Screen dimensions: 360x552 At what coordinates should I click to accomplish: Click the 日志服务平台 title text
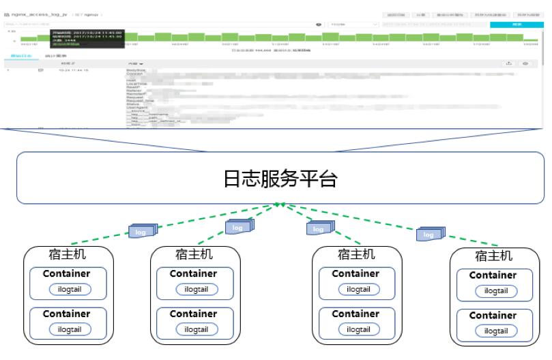tap(280, 179)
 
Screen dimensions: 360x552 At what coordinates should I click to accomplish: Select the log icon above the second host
tap(238, 226)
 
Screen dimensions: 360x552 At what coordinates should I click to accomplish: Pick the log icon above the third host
tap(318, 228)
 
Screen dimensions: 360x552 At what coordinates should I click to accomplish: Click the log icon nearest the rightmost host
tap(430, 234)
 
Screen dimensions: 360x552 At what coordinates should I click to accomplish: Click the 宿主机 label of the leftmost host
tap(66, 254)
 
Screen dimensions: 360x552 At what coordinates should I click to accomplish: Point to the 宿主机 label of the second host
tap(194, 254)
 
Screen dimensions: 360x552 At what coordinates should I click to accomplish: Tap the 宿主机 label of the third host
tap(355, 254)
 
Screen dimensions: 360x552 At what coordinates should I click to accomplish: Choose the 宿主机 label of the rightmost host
tap(493, 256)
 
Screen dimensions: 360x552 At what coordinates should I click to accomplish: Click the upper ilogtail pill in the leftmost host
tap(69, 289)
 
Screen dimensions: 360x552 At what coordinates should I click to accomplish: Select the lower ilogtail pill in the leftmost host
tap(69, 329)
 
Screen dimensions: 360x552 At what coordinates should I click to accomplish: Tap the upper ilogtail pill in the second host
tap(197, 289)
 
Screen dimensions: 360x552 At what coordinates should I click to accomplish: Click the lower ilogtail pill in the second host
tap(197, 329)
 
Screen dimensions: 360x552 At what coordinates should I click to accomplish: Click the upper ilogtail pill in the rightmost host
tap(496, 291)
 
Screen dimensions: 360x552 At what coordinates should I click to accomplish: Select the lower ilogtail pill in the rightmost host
tap(496, 331)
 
